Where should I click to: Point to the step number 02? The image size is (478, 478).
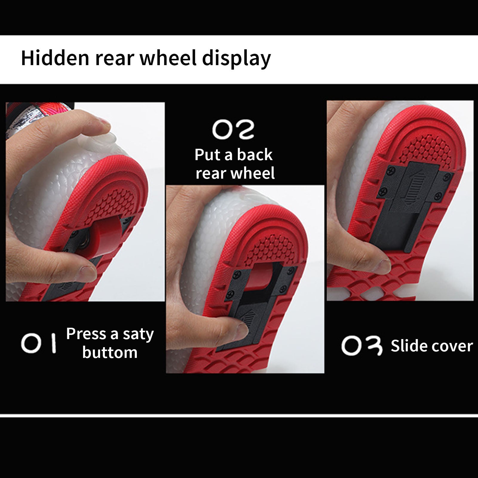click(233, 130)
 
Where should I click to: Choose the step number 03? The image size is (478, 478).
click(362, 346)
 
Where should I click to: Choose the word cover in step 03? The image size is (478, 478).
click(451, 347)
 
